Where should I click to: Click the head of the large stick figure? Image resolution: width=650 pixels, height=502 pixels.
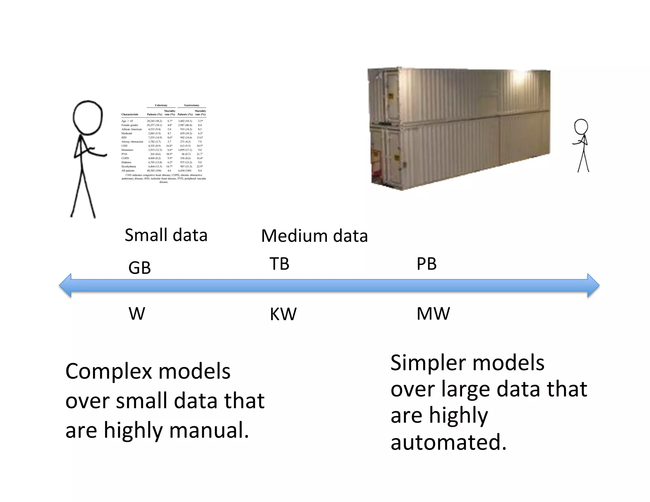click(x=88, y=118)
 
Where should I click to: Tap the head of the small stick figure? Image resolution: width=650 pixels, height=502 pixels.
click(x=581, y=127)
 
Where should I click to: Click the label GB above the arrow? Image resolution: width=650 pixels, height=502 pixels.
click(x=139, y=268)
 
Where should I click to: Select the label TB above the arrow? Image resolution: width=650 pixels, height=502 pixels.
click(x=279, y=264)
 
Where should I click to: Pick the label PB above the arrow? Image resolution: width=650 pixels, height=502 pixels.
click(x=426, y=264)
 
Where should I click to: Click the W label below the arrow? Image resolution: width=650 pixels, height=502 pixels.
click(x=137, y=314)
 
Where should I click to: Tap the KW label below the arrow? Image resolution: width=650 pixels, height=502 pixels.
click(x=283, y=314)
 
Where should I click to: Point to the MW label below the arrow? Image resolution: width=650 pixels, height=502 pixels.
click(x=433, y=314)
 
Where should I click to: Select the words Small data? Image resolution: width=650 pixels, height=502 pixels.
click(x=166, y=235)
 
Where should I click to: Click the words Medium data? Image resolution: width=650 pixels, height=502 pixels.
click(x=314, y=236)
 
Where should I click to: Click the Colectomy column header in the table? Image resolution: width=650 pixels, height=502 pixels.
click(x=161, y=105)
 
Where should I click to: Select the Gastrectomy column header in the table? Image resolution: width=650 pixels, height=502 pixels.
click(x=192, y=105)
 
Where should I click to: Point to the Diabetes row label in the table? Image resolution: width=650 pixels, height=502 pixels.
click(x=126, y=162)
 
